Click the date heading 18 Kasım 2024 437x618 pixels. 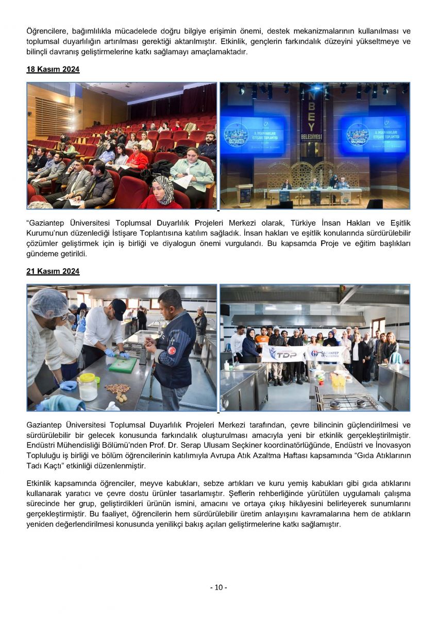(53, 70)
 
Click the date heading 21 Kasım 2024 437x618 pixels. (53, 271)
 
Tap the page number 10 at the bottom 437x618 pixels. (218, 588)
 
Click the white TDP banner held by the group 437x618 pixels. (283, 354)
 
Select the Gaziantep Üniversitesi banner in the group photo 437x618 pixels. (326, 353)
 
